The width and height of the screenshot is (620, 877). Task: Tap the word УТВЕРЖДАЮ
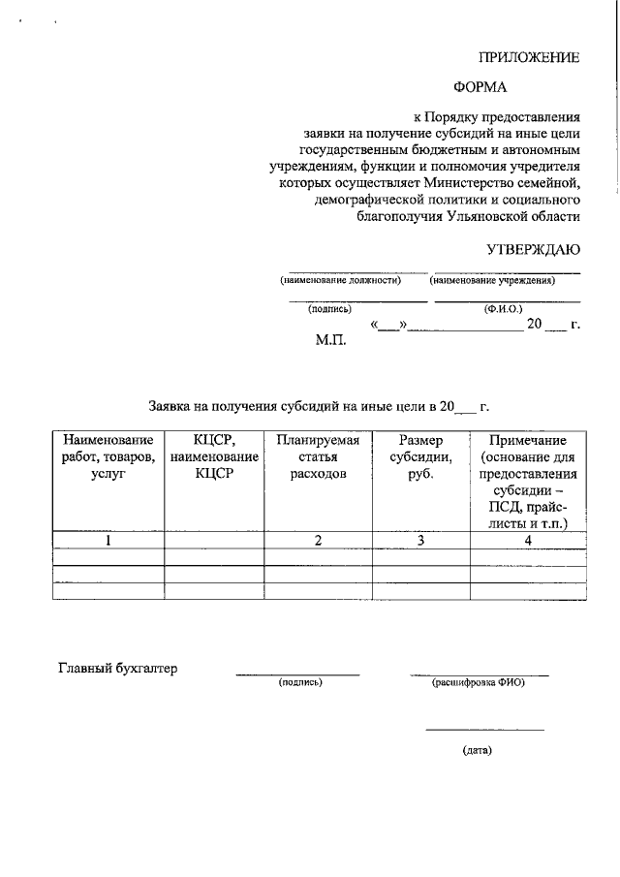click(x=533, y=249)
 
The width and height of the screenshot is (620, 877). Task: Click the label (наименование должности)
click(x=340, y=280)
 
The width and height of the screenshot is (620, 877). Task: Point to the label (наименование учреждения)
click(x=492, y=280)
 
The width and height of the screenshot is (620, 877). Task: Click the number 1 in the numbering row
click(x=108, y=541)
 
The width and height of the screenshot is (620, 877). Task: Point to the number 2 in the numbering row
click(x=318, y=541)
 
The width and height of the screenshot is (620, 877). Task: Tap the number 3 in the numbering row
click(x=421, y=541)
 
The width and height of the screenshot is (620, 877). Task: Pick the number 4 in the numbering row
click(x=528, y=541)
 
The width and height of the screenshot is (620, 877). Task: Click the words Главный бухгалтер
click(x=118, y=668)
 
